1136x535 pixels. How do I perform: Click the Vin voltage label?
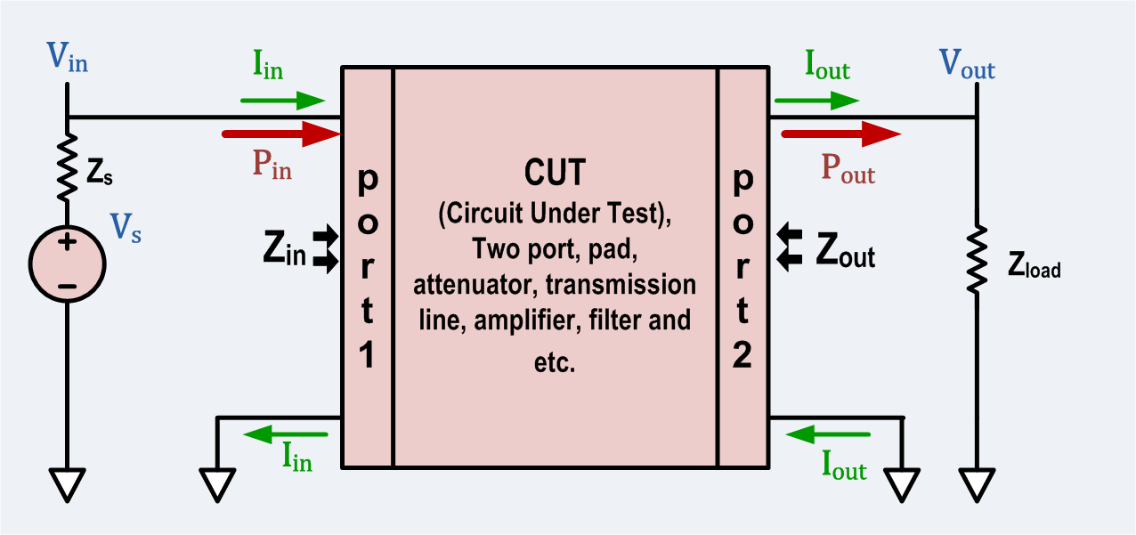tap(68, 61)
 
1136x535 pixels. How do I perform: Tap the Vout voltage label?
tap(967, 65)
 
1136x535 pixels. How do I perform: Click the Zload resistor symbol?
tap(978, 258)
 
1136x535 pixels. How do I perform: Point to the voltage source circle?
tap(68, 263)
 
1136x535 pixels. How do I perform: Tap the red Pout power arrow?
tap(841, 134)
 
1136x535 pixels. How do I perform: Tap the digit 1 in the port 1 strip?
tap(367, 354)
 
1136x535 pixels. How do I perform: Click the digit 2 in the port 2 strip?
tap(742, 354)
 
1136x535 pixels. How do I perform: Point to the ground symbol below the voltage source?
tap(68, 485)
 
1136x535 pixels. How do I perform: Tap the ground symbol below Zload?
tap(978, 485)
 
